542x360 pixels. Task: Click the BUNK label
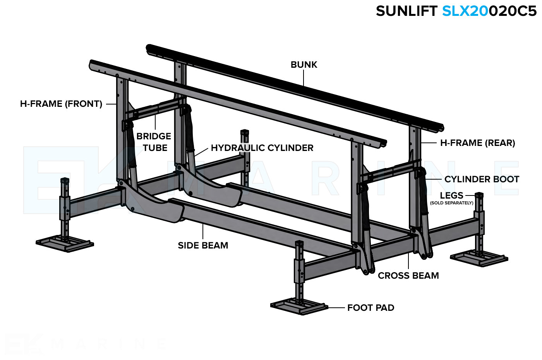point(304,65)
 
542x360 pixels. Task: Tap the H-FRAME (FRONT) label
point(61,104)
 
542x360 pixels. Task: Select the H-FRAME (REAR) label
point(477,143)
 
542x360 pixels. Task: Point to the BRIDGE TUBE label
point(154,142)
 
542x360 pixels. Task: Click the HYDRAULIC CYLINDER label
point(262,148)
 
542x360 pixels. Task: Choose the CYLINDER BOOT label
point(482,179)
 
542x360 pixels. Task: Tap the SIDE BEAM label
point(203,245)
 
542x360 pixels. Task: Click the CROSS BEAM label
point(408,276)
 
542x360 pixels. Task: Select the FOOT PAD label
point(370,308)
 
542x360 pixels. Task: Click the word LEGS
point(451,195)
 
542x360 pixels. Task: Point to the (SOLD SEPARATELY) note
point(451,203)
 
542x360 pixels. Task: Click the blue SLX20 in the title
point(465,11)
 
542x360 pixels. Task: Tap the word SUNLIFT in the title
point(406,11)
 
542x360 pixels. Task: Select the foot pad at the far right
point(479,258)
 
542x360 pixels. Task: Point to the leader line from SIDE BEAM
point(203,232)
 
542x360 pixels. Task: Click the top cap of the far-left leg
point(65,180)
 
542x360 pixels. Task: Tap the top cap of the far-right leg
point(479,195)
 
